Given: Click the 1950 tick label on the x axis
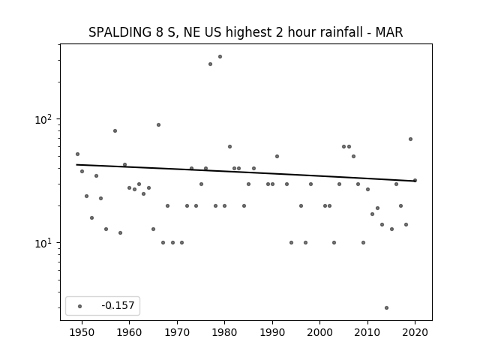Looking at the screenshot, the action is tap(82, 332).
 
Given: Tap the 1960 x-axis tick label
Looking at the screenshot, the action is tap(129, 332).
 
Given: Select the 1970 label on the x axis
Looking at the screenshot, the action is tap(177, 332).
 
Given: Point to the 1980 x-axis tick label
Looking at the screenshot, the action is tap(224, 332).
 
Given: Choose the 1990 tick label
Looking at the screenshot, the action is tap(272, 332).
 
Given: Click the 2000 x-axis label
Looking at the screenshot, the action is tap(319, 332).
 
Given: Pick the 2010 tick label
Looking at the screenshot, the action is tap(367, 332).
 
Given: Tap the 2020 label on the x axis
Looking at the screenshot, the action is tap(415, 332).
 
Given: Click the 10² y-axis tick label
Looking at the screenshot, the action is tap(44, 119).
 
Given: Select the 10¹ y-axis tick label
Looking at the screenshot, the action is tap(44, 243).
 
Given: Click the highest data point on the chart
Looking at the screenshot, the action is tap(220, 57).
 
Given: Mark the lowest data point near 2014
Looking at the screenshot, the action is tap(387, 308).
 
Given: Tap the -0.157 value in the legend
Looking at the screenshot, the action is tap(118, 305).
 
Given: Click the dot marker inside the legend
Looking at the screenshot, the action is tap(80, 306).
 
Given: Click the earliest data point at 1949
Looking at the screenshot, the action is tap(77, 154).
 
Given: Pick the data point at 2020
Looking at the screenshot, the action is tap(415, 180).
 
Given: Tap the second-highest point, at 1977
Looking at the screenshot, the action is tap(210, 64).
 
